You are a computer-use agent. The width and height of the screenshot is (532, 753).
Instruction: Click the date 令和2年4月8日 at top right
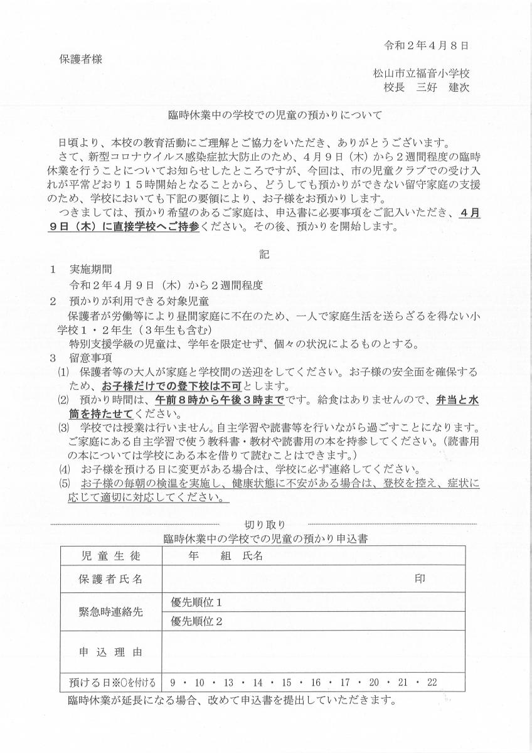point(427,46)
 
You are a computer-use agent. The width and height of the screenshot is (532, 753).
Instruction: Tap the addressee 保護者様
point(80,59)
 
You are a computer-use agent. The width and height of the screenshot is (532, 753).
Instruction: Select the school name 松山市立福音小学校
point(421,73)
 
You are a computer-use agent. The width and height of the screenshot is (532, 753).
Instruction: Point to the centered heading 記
point(265,255)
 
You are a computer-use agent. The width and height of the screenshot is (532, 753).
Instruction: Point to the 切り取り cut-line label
point(263,525)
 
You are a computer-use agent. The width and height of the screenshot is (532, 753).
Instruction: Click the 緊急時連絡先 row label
point(111,612)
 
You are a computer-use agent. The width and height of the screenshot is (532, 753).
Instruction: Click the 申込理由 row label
point(111,652)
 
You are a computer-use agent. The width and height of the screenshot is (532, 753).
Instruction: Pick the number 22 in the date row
point(431,682)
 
